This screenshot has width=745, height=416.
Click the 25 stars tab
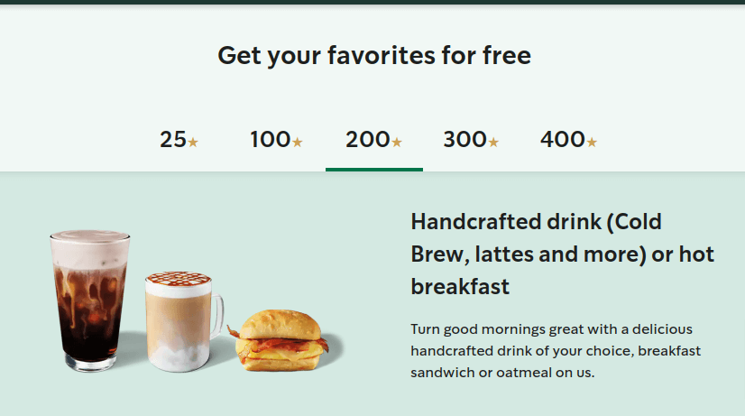(179, 140)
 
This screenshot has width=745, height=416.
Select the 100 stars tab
(276, 140)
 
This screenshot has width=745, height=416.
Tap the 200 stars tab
(373, 140)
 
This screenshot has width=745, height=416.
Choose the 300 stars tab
(471, 140)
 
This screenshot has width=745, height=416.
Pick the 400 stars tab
(568, 140)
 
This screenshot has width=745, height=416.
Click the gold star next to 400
(592, 142)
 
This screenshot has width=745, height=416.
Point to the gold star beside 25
(193, 142)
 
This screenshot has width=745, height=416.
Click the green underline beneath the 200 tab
(373, 169)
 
